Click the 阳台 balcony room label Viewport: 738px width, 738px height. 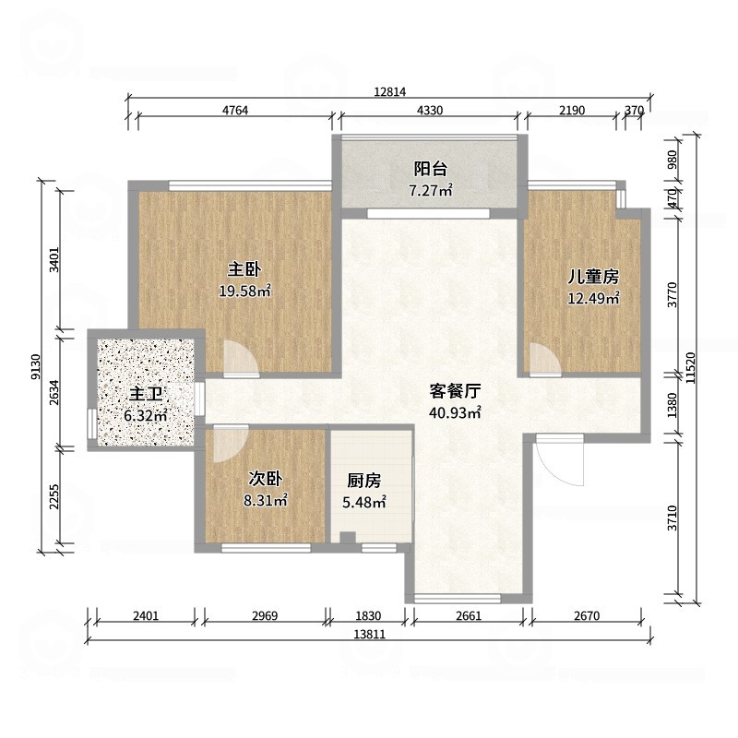point(431,169)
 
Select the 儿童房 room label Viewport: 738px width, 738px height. point(592,276)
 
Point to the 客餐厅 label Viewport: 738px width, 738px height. point(456,390)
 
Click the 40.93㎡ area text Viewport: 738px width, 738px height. point(456,413)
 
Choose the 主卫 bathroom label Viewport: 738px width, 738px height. point(146,394)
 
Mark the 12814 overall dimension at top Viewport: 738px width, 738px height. point(391,91)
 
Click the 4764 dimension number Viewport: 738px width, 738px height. point(235,111)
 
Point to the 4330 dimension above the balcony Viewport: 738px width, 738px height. point(431,111)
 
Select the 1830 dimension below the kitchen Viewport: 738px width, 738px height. point(366,615)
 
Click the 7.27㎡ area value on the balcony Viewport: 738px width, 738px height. point(431,192)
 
